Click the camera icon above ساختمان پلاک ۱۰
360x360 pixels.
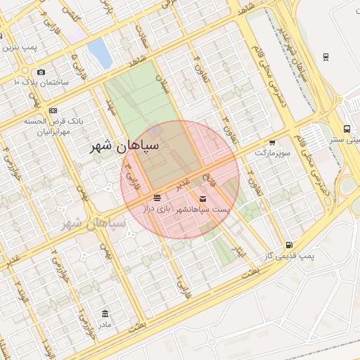click(41, 72)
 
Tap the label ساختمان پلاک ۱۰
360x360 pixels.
click(41, 82)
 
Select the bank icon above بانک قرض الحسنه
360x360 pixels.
click(54, 111)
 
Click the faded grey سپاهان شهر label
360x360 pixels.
click(94, 224)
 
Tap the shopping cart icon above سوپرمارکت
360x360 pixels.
click(272, 142)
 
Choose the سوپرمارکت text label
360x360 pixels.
click(271, 153)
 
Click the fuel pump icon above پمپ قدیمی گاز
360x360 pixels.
click(288, 245)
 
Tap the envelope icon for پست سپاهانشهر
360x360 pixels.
click(203, 199)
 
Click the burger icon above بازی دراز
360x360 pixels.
click(157, 198)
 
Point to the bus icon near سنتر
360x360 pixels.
click(347, 129)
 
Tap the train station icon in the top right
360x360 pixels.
click(326, 56)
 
